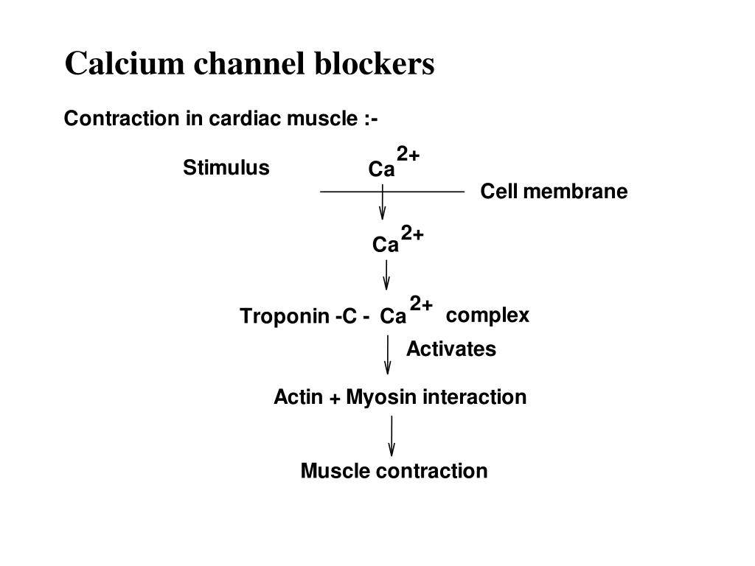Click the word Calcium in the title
124,63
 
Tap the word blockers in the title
374,63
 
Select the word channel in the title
249,63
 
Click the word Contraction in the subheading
122,119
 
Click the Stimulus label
226,167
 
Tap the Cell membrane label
554,191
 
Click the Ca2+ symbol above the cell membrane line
394,162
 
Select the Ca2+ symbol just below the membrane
397,239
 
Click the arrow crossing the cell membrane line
383,202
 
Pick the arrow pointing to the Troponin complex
386,275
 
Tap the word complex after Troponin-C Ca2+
487,315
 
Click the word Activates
451,349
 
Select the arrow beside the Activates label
388,354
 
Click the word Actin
298,397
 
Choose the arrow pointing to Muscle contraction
392,436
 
